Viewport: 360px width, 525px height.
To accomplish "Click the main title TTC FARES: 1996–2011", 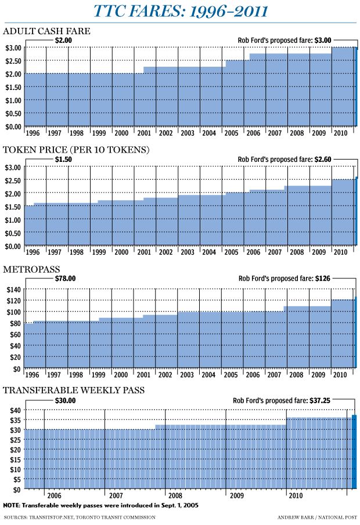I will [180, 11].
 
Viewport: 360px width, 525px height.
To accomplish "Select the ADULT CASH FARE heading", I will [46, 31].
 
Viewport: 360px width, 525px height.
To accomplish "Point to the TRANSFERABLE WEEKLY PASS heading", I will [74, 390].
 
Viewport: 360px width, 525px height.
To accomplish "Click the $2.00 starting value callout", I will [63, 40].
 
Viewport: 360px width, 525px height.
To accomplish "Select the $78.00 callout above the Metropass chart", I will [65, 278].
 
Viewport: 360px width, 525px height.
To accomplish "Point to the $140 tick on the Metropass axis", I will [12, 289].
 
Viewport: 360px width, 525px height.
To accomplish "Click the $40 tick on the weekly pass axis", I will [14, 410].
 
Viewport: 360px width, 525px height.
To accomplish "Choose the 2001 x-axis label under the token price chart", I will [143, 252].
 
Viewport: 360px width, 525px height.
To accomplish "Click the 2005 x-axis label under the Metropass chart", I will [231, 375].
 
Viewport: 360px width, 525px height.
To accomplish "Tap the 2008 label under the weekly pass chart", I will [174, 497].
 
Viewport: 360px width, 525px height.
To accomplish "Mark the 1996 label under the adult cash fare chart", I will [33, 133].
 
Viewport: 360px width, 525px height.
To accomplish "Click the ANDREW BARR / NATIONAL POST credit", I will [316, 517].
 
